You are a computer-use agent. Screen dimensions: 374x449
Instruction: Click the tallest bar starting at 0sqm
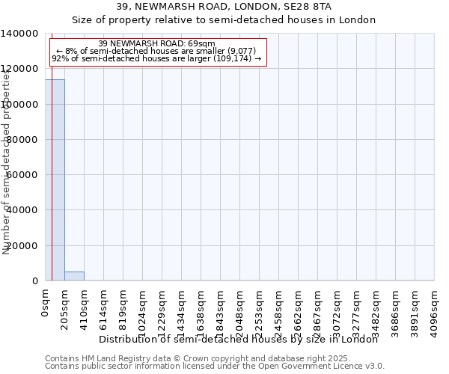(55, 180)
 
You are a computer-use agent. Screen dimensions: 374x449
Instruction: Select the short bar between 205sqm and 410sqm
(74, 276)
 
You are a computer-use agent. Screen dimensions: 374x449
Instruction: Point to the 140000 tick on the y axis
(21, 34)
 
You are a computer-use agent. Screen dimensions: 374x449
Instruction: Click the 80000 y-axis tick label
(23, 140)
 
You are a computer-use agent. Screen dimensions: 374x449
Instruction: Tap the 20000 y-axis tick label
(23, 246)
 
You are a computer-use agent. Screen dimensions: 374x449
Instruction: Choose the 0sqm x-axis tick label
(46, 303)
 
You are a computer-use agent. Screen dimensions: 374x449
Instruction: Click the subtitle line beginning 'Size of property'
(224, 19)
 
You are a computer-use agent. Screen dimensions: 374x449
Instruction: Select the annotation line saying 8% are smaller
(156, 51)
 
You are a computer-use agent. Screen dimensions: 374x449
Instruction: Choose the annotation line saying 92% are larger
(156, 58)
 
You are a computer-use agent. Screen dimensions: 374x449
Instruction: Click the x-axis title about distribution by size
(239, 339)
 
